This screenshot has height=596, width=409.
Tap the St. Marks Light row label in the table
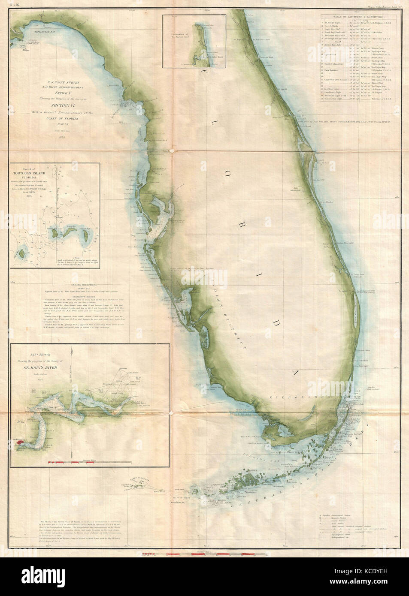(335, 22)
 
